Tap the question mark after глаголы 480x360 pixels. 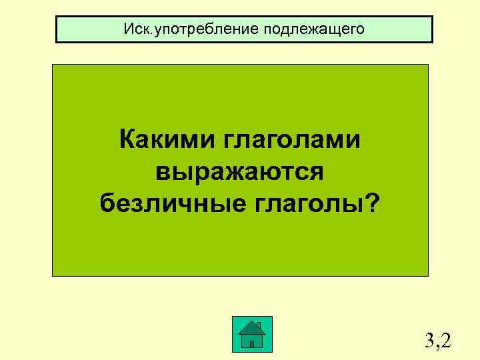[x=368, y=201]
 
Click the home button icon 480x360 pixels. [x=252, y=334]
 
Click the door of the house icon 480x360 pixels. [x=251, y=342]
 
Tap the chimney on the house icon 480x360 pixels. [x=259, y=325]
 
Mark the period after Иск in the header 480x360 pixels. [x=151, y=33]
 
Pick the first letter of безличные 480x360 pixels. [x=107, y=201]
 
